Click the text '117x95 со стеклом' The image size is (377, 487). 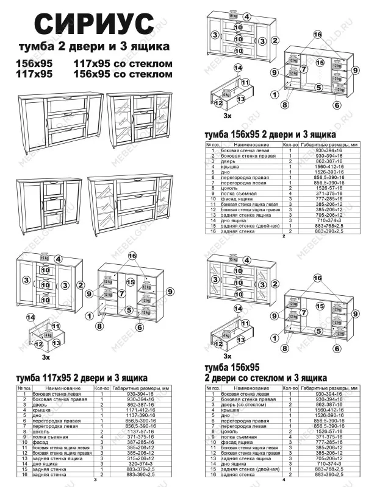pyautogui.click(x=122, y=64)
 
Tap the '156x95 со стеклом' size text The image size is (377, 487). pyautogui.click(x=122, y=74)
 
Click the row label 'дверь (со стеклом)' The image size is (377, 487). pyautogui.click(x=241, y=405)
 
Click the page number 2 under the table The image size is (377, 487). pyautogui.click(x=284, y=236)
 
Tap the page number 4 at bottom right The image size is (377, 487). pyautogui.click(x=284, y=480)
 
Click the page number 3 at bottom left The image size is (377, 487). pyautogui.click(x=95, y=480)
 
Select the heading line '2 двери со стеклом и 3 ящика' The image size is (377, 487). pyautogui.click(x=265, y=378)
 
